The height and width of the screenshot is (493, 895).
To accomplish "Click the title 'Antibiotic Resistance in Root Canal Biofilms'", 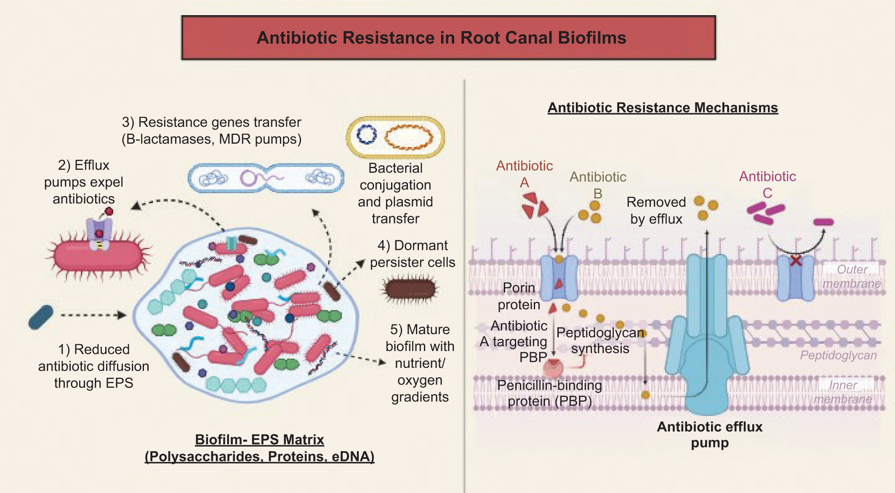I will [x=441, y=38].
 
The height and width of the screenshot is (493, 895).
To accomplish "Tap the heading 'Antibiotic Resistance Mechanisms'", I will [x=662, y=108].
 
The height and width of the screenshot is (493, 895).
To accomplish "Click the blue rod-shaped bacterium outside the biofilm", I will [x=41, y=317].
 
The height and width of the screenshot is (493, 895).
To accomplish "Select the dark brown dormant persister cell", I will [x=410, y=289].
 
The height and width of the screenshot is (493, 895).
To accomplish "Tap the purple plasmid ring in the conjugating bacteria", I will [x=248, y=178].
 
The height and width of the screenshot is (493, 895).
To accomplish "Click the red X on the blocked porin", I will [x=795, y=261].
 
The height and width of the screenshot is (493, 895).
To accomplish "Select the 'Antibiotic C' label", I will [x=767, y=184].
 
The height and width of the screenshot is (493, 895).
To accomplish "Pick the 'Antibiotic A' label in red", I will [x=524, y=174].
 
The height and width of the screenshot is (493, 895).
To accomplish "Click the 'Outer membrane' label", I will [x=852, y=276].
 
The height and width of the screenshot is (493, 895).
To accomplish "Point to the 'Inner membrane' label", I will [x=843, y=392].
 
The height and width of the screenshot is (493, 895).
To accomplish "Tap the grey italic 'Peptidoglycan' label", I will [x=838, y=355].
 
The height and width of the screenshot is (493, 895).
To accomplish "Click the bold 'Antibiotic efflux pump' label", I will [x=710, y=434].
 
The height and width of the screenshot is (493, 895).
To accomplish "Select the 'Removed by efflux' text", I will [x=656, y=210].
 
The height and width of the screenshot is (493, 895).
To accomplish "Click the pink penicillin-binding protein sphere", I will [x=553, y=368].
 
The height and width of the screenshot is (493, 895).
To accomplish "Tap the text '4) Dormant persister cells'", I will [x=412, y=254].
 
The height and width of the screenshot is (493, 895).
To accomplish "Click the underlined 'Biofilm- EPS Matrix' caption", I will [x=259, y=439].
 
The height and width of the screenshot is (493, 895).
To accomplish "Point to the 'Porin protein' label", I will [x=519, y=296].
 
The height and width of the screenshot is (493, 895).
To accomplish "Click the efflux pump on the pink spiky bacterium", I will [x=99, y=234].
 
